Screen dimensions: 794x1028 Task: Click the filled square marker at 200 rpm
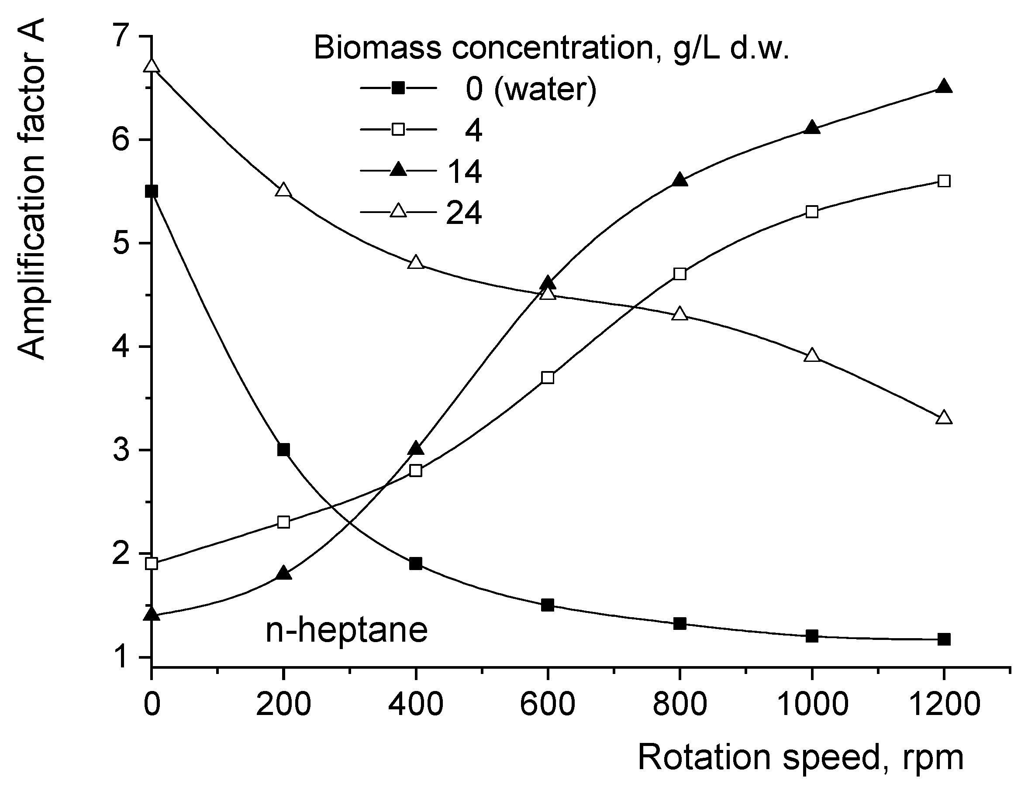coord(283,450)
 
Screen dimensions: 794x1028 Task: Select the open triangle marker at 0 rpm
coord(152,66)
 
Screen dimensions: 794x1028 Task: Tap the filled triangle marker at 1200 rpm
coord(944,87)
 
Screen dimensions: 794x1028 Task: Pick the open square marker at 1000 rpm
coord(812,212)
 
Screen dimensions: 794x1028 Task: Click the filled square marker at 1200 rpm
coord(944,639)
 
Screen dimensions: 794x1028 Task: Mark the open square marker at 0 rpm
coord(152,564)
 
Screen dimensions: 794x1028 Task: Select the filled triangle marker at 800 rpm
coord(680,181)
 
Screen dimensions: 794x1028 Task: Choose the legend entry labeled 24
coord(464,213)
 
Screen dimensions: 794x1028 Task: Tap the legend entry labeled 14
coord(464,171)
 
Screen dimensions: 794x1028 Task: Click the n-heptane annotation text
coord(346,630)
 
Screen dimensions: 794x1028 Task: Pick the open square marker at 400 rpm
coord(416,471)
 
